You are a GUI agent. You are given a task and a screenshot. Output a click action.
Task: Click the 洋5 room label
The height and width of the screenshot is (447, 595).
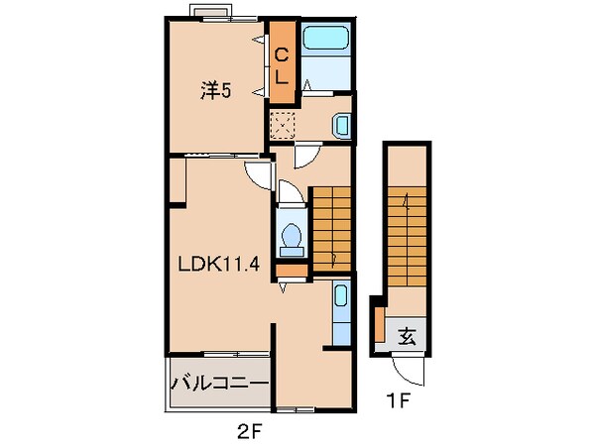[215, 91]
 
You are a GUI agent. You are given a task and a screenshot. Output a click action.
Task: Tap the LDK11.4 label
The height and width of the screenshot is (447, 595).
[219, 264]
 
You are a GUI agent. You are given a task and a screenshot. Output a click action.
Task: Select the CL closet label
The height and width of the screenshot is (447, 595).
[282, 67]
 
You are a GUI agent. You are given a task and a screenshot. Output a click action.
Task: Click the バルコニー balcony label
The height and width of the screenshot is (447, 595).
[220, 384]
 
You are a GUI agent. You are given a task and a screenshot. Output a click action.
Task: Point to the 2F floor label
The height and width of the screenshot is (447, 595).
[250, 431]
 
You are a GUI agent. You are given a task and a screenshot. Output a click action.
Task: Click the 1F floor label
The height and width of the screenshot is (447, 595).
[398, 400]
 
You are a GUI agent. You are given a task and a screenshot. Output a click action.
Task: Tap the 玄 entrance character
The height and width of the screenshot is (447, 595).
[408, 336]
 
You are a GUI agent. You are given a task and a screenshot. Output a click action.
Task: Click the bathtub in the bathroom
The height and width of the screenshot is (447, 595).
[326, 38]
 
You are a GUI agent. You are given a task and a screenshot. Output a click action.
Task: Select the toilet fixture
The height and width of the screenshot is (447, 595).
[292, 240]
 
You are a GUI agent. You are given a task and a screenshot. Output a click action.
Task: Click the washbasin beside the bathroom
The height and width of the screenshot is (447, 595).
[341, 125]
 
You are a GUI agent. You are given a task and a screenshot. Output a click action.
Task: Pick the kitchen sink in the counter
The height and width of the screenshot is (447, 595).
[341, 295]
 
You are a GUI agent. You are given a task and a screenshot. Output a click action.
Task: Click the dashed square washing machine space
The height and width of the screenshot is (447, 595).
[283, 125]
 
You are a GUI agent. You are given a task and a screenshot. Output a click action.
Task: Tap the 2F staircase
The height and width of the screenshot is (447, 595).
[331, 229]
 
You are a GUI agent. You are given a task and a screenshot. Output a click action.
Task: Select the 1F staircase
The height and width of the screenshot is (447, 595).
[407, 237]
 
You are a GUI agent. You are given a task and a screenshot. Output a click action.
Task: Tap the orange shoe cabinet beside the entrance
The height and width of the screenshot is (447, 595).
[380, 324]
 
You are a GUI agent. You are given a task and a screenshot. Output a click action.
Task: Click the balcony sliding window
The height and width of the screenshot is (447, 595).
[237, 354]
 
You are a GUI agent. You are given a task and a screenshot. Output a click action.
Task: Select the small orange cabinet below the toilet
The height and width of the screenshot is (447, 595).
[292, 271]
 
